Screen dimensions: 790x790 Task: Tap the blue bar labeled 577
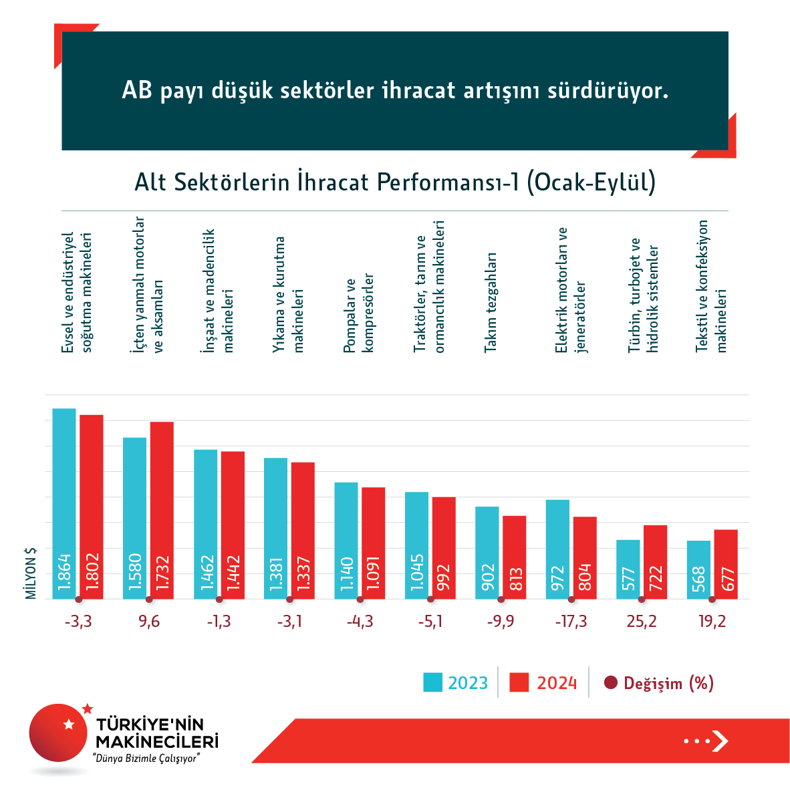pyautogui.click(x=628, y=569)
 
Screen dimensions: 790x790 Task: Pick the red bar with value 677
pyautogui.click(x=726, y=564)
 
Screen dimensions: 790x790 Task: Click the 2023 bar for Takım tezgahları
pyautogui.click(x=487, y=553)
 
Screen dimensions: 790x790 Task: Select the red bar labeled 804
pyautogui.click(x=585, y=557)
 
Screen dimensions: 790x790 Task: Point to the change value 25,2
pyautogui.click(x=642, y=622)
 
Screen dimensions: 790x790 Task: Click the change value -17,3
pyautogui.click(x=571, y=622)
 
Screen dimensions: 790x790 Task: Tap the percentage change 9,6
pyautogui.click(x=149, y=622)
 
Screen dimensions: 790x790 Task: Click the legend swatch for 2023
pyautogui.click(x=432, y=682)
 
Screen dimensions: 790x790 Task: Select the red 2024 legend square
pyautogui.click(x=519, y=682)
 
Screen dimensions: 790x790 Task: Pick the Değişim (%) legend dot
pyautogui.click(x=610, y=682)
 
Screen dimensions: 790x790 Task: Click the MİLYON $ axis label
pyautogui.click(x=31, y=573)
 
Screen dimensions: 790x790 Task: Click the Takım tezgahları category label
pyautogui.click(x=491, y=302)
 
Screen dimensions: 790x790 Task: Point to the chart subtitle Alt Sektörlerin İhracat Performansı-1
pyautogui.click(x=394, y=182)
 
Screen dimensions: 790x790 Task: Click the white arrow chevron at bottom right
pyautogui.click(x=720, y=741)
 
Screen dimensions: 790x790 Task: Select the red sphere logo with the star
pyautogui.click(x=59, y=733)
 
